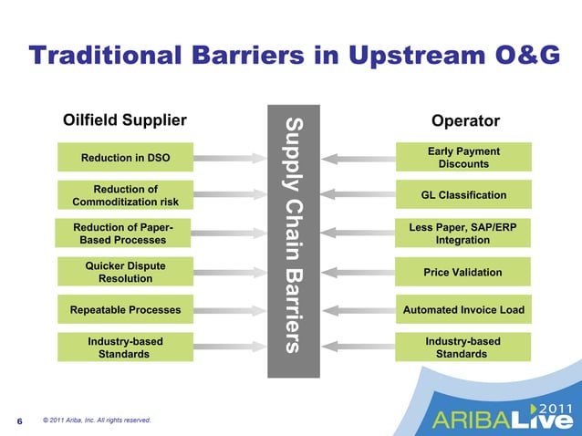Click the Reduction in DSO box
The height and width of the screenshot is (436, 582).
pyautogui.click(x=125, y=158)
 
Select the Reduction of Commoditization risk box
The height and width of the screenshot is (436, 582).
pyautogui.click(x=125, y=195)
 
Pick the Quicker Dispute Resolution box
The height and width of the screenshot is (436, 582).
pyautogui.click(x=125, y=272)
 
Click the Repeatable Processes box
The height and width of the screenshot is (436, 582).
pyautogui.click(x=125, y=310)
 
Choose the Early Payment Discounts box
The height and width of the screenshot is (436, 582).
pyautogui.click(x=463, y=157)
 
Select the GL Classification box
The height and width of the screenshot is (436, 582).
pyautogui.click(x=463, y=195)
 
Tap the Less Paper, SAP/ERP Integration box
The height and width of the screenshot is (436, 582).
pyautogui.click(x=463, y=234)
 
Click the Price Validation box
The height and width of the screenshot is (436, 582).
pyautogui.click(x=463, y=272)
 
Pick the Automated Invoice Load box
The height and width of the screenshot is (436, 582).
pyautogui.click(x=463, y=310)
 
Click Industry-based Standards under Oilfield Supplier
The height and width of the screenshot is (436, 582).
pyautogui.click(x=125, y=348)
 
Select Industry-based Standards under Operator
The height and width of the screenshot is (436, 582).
pyautogui.click(x=463, y=348)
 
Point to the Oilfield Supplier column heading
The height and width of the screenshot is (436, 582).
pyautogui.click(x=124, y=120)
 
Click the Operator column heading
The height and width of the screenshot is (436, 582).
pyautogui.click(x=465, y=120)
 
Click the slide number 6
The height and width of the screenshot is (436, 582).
pyautogui.click(x=19, y=421)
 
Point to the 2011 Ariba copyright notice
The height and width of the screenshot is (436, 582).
pyautogui.click(x=96, y=420)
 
